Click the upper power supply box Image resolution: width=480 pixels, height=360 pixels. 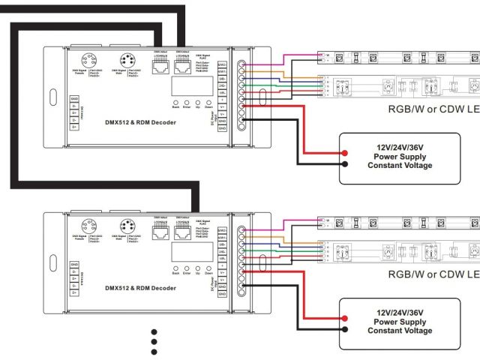click(x=400, y=157)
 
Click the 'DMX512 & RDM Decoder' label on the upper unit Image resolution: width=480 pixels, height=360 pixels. click(x=141, y=121)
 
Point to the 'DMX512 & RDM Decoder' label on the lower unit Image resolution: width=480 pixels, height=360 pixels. click(x=141, y=287)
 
